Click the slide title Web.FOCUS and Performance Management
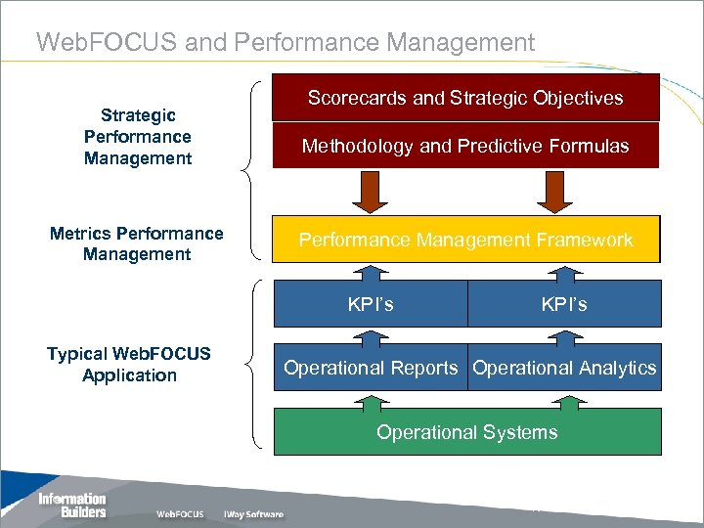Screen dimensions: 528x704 tap(285, 42)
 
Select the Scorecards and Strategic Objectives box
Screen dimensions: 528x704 tap(465, 99)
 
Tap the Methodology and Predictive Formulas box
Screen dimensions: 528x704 tap(465, 147)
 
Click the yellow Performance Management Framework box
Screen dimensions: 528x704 tap(465, 240)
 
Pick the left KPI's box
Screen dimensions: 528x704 tap(371, 304)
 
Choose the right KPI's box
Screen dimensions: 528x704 tap(564, 304)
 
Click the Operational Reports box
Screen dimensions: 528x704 tap(371, 368)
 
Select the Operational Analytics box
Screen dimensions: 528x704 tap(564, 368)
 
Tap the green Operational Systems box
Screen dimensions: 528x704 tap(466, 432)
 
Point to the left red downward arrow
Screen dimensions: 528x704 tap(370, 192)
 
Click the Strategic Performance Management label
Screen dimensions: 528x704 tap(137, 137)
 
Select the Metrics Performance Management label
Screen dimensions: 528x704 tap(137, 243)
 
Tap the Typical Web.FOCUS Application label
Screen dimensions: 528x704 tap(129, 364)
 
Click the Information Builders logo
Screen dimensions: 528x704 tap(71, 506)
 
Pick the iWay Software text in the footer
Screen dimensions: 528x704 tap(252, 514)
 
